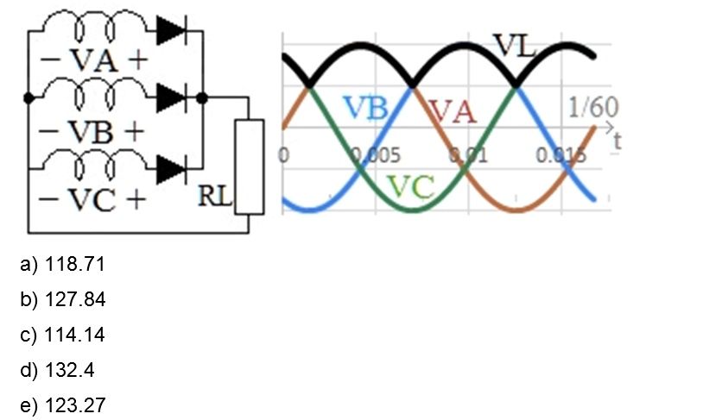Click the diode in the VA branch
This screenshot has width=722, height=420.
pyautogui.click(x=172, y=31)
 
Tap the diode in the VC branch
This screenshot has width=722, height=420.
pyautogui.click(x=172, y=167)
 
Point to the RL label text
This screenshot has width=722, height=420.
pyautogui.click(x=215, y=196)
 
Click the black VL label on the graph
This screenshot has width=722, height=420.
pyautogui.click(x=515, y=46)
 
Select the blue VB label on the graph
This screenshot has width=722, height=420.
pyautogui.click(x=365, y=108)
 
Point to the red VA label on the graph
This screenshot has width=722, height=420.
pyautogui.click(x=453, y=111)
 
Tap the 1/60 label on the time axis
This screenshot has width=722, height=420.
pyautogui.click(x=592, y=108)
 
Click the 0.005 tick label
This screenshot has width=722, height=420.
pyautogui.click(x=377, y=156)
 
